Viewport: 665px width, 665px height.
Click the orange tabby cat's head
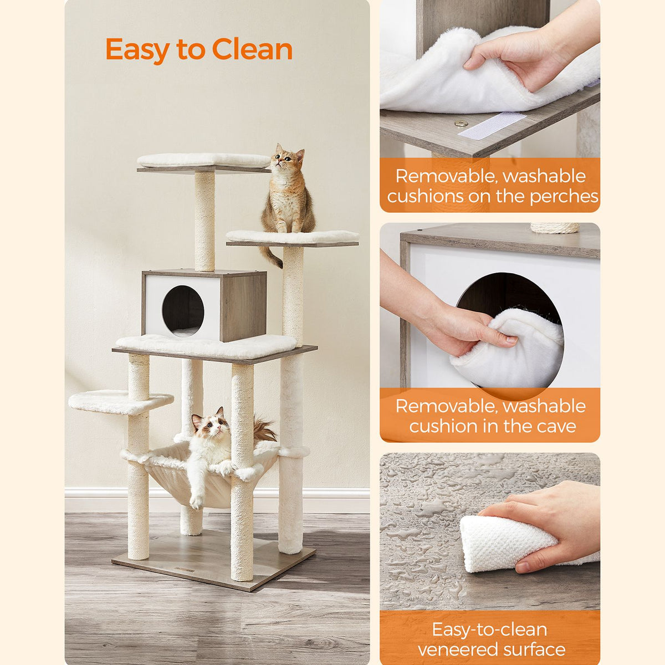(x=287, y=158)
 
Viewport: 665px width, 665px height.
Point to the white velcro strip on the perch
(x=492, y=126)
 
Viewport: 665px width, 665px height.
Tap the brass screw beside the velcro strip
(x=459, y=123)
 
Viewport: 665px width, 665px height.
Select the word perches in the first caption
(x=564, y=197)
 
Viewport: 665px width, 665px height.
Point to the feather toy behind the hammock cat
(x=264, y=428)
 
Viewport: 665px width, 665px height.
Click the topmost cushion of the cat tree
(x=204, y=160)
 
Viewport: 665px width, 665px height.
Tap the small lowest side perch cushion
(x=121, y=402)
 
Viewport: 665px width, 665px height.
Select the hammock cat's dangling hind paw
(x=196, y=501)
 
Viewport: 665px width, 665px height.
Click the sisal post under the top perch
(x=204, y=221)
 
